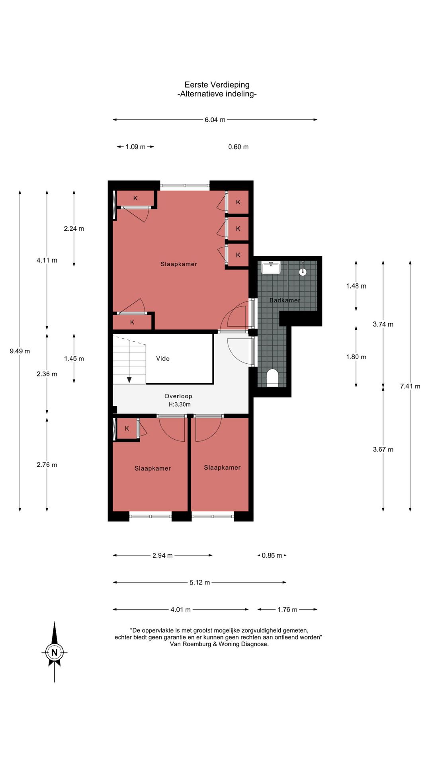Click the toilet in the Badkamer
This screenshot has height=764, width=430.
click(x=272, y=378)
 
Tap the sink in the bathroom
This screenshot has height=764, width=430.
click(x=271, y=267)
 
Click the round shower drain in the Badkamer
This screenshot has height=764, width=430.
click(x=303, y=272)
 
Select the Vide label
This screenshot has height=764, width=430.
click(x=163, y=359)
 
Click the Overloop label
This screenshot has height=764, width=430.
click(x=178, y=396)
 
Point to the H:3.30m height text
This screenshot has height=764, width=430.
click(x=180, y=405)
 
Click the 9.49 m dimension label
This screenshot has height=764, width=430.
click(x=20, y=351)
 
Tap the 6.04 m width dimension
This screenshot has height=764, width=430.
click(x=215, y=120)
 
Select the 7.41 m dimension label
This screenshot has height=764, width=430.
click(x=410, y=386)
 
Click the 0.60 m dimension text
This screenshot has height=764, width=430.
click(x=238, y=147)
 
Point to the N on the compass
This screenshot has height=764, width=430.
click(x=55, y=653)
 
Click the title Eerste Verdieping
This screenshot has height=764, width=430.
click(x=217, y=85)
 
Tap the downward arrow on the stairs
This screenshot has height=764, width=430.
click(x=129, y=379)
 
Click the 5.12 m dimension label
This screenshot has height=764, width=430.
click(x=199, y=583)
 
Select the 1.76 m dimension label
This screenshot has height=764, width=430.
click(x=287, y=610)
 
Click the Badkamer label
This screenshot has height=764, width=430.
click(x=285, y=300)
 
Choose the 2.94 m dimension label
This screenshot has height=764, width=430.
click(x=162, y=555)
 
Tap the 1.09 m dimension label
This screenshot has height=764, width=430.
click(x=135, y=147)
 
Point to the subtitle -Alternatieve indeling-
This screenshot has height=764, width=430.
click(x=217, y=94)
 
